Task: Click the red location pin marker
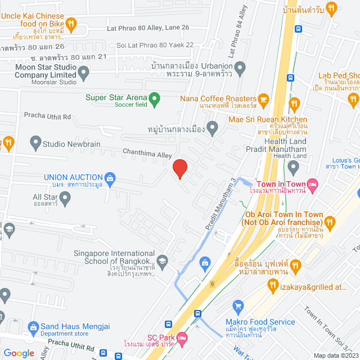(179, 168)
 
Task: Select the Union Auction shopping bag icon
(110, 179)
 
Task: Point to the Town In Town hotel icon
(314, 184)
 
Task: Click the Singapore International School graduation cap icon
(163, 260)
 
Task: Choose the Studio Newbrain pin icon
(35, 144)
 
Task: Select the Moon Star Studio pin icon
(84, 71)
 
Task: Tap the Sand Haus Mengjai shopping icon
(33, 327)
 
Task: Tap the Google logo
(19, 353)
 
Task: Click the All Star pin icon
(65, 197)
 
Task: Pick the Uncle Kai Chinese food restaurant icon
(71, 24)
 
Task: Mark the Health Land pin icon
(293, 166)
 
